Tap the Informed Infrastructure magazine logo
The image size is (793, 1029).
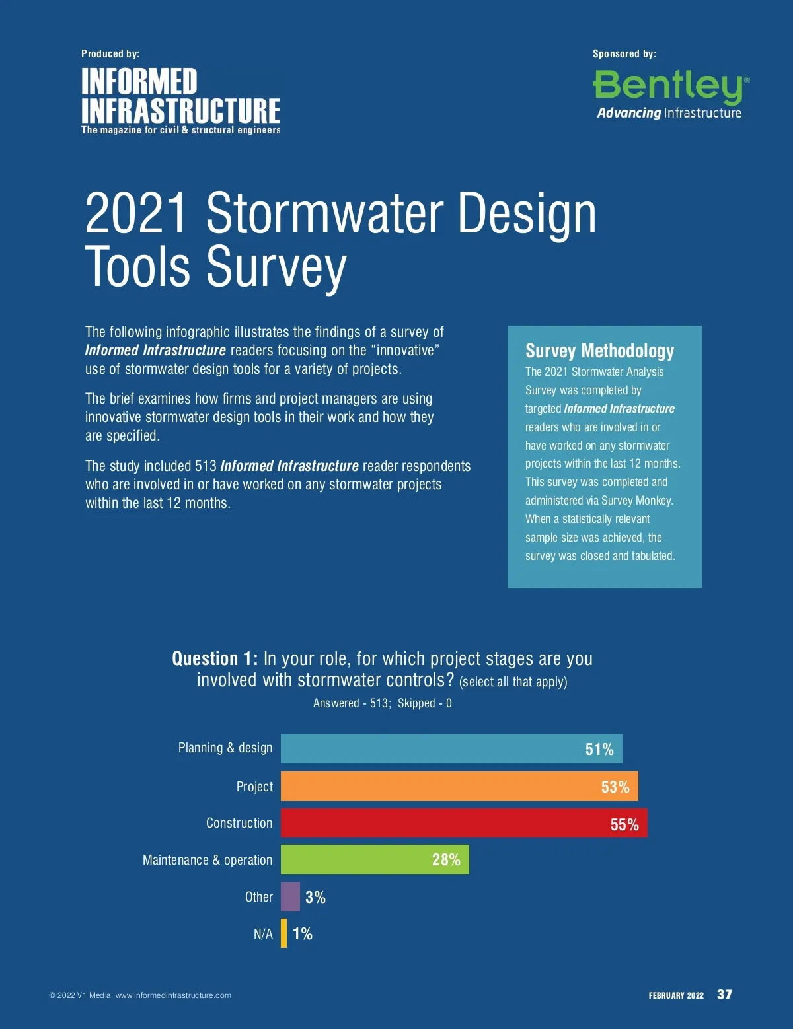pos(180,100)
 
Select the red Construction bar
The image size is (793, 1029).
pos(463,823)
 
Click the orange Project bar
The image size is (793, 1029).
pos(459,786)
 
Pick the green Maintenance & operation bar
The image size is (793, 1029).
pos(375,859)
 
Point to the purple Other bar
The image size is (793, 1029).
pos(290,896)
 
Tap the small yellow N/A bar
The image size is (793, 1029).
pos(284,933)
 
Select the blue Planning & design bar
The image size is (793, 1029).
pos(451,749)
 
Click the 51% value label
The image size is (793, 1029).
pos(599,749)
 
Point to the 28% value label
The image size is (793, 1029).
pos(446,859)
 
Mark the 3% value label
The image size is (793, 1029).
pos(315,897)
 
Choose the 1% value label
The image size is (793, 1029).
pos(303,933)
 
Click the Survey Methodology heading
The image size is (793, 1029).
pos(599,351)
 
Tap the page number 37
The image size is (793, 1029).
pos(724,994)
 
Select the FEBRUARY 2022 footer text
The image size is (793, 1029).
pos(676,995)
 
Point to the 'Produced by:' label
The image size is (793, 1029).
pos(110,53)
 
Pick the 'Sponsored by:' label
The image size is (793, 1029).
pos(624,53)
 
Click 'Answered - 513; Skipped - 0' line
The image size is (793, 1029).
pos(382,703)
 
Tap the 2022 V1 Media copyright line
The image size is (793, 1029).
pos(140,995)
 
